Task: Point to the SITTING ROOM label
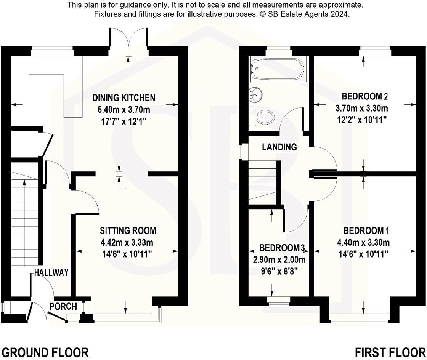click(x=128, y=230)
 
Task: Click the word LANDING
click(x=279, y=147)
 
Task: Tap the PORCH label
click(x=63, y=306)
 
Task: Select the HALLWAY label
click(x=51, y=272)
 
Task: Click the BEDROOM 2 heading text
click(x=362, y=96)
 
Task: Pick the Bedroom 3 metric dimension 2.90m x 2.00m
click(x=280, y=260)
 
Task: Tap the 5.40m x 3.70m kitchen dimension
click(x=124, y=110)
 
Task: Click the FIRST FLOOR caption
click(x=390, y=352)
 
